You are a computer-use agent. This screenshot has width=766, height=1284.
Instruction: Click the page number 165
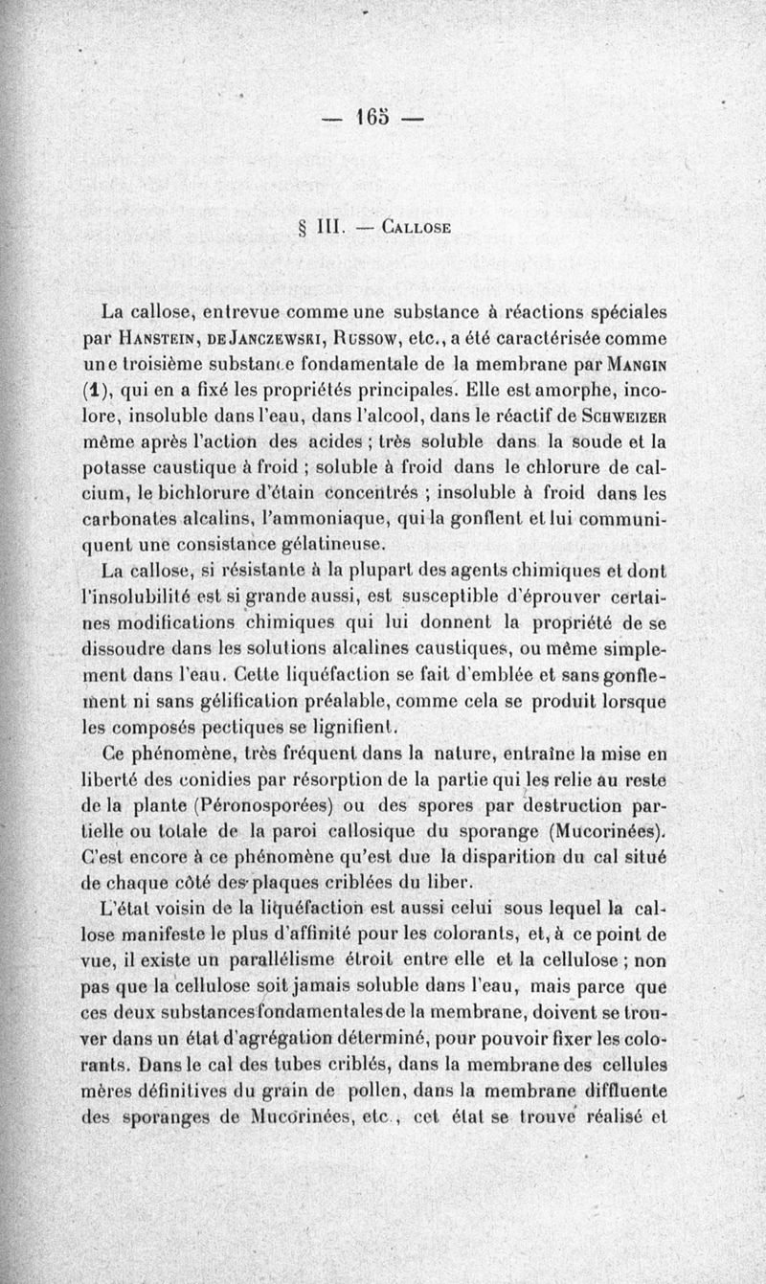(x=372, y=120)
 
